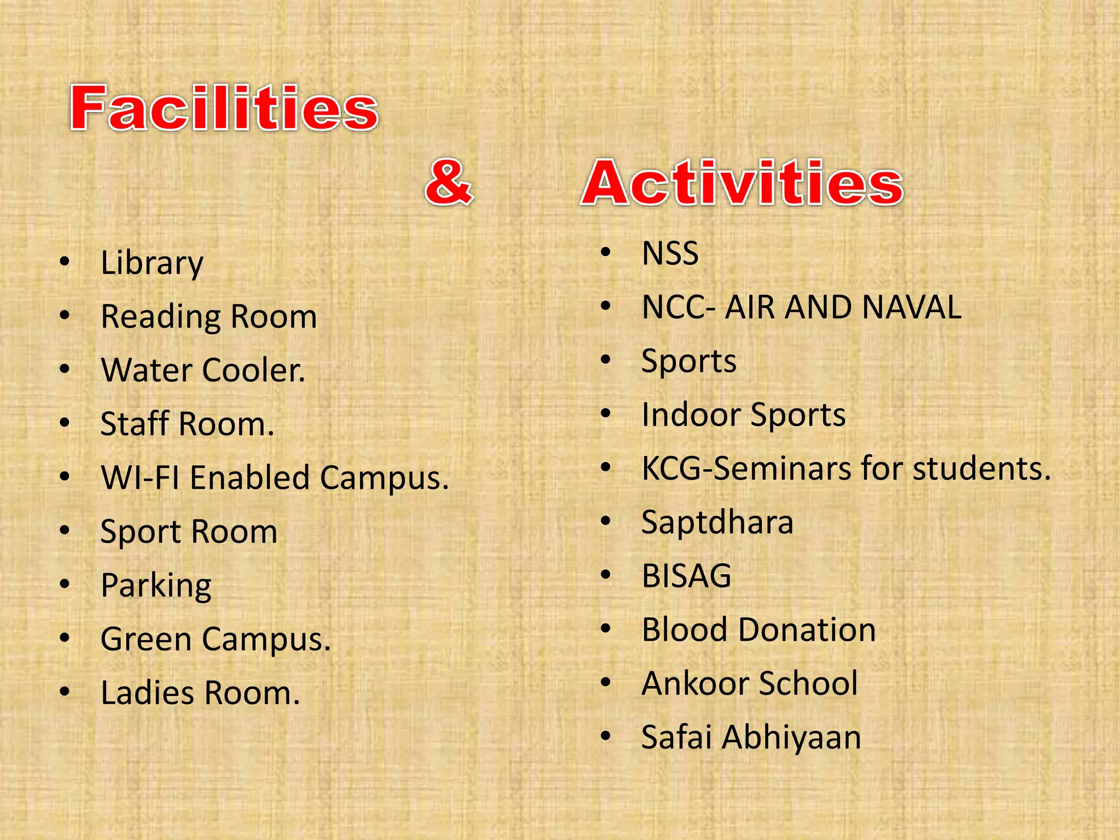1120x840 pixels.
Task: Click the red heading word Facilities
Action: pyautogui.click(x=224, y=108)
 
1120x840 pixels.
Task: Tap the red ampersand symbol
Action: pyautogui.click(x=448, y=183)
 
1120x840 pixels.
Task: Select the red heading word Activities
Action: pyautogui.click(x=742, y=184)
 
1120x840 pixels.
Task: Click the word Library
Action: pyautogui.click(x=152, y=264)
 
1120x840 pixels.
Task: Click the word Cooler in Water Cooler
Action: pyautogui.click(x=254, y=370)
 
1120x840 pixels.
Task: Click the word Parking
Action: pyautogui.click(x=156, y=586)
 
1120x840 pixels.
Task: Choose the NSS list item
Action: pyautogui.click(x=670, y=254)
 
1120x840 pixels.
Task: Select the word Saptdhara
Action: pyautogui.click(x=717, y=522)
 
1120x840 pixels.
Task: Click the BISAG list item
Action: pyautogui.click(x=686, y=576)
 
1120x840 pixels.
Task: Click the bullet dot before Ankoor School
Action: pyautogui.click(x=605, y=682)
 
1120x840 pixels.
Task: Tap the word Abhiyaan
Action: pyautogui.click(x=791, y=737)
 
